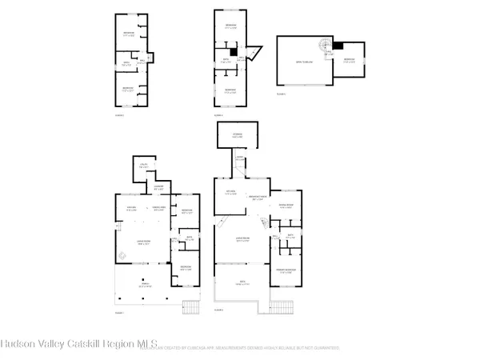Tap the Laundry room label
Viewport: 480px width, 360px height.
[x=158, y=189]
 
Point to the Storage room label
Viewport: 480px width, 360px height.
[x=237, y=135]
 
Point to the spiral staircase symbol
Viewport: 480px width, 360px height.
[x=328, y=46]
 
